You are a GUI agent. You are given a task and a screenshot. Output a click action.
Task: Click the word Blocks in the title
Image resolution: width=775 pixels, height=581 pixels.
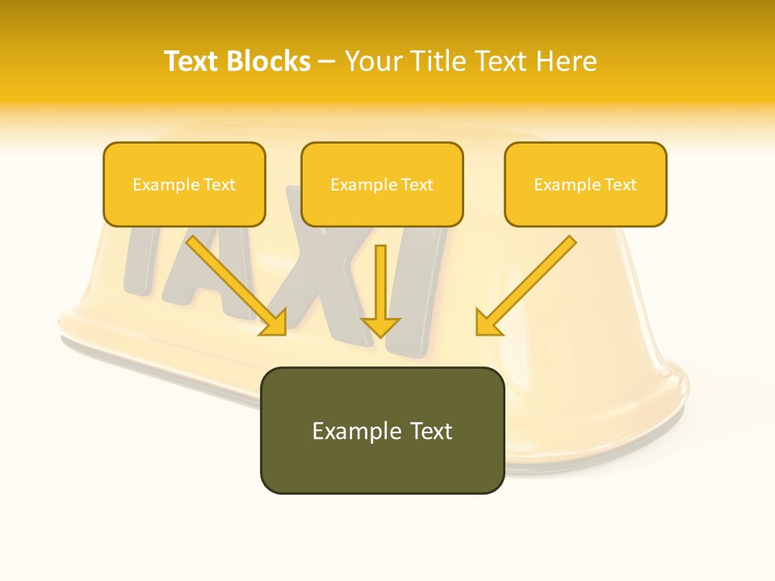point(270,61)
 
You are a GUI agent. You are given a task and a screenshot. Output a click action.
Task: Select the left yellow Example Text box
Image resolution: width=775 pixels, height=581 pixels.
point(184,185)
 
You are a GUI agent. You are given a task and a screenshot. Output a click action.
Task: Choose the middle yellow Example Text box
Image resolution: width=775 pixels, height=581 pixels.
point(382,185)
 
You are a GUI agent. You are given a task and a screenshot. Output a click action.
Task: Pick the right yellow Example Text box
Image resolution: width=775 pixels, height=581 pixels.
point(585,185)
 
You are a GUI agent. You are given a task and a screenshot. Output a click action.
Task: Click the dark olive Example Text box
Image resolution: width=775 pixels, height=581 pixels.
point(382,431)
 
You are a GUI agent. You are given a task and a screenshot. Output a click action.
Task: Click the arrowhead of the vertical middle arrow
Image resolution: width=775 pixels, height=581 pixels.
point(381,326)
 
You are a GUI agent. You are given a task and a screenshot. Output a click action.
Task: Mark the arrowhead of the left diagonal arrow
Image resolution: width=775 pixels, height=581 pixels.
point(274,323)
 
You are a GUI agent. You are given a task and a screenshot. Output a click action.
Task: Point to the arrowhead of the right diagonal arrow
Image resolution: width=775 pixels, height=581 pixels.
point(487,323)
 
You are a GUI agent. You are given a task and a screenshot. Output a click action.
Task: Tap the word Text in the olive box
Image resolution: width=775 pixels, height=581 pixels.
point(430,431)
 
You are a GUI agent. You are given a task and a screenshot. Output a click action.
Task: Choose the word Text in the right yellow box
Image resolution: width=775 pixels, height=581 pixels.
point(620,185)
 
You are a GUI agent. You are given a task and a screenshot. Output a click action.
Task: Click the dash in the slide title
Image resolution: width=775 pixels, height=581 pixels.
point(327,61)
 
